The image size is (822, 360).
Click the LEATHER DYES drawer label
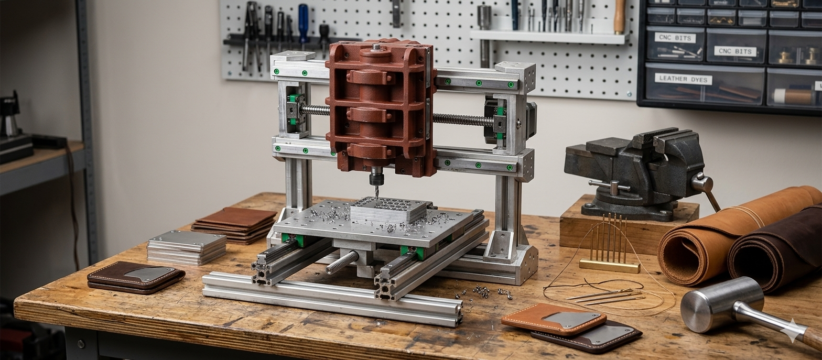pyautogui.click(x=683, y=79)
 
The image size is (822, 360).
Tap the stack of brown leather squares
pyautogui.click(x=234, y=225)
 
